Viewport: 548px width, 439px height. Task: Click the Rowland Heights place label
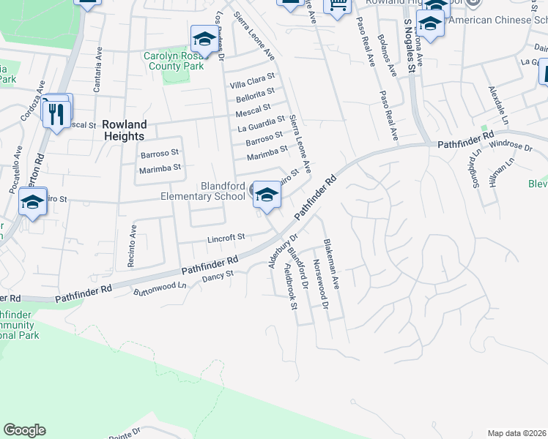(124, 130)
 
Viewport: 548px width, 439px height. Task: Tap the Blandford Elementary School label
(203, 191)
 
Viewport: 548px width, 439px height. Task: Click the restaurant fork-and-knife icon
(56, 113)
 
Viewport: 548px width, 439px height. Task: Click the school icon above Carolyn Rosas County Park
(204, 38)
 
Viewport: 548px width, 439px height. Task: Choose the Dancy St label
(217, 276)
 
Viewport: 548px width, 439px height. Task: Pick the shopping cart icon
(336, 7)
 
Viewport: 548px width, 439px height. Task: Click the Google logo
(25, 430)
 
